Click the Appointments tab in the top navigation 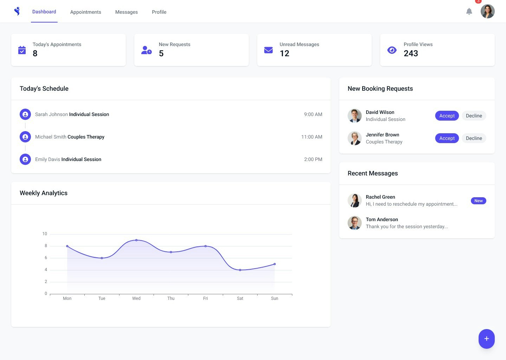pos(85,12)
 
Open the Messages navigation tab pos(126,12)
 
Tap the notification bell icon pos(469,12)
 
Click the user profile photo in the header pos(488,11)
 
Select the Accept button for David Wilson pos(447,116)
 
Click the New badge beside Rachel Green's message pos(478,201)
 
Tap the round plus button pos(486,339)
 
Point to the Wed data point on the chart pos(136,240)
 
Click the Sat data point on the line pos(240,270)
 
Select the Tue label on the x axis pos(102,298)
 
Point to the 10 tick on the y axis pos(45,234)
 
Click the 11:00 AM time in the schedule pos(312,137)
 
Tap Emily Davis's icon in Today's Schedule pos(25,159)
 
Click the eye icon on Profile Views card pos(392,50)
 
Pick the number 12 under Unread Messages pos(284,53)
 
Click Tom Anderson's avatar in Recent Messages pos(355,223)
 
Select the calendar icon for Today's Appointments pos(22,50)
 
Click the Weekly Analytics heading pos(44,193)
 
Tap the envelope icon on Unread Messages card pos(268,50)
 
